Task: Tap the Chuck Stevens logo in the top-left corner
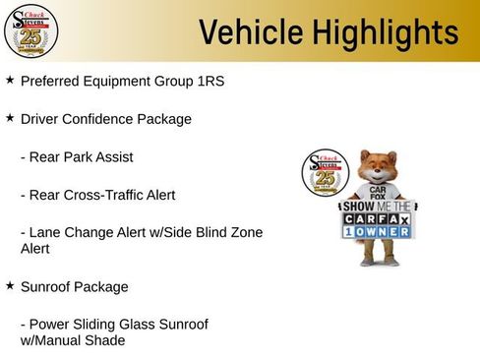(30, 31)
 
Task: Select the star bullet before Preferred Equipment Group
(10, 79)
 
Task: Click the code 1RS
(210, 81)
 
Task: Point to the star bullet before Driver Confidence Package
(10, 117)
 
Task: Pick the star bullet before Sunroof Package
(10, 285)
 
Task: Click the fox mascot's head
(378, 166)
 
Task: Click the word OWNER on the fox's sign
(387, 234)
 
